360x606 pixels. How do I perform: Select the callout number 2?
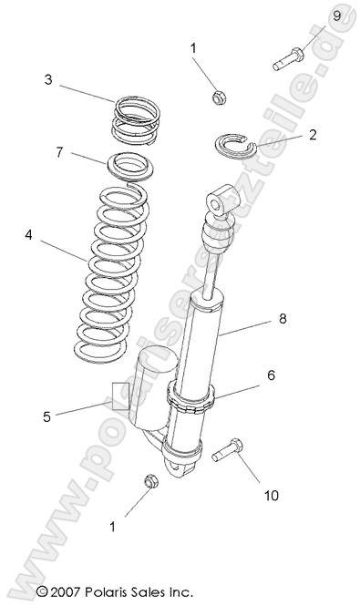click(312, 135)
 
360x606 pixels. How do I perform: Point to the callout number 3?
click(47, 80)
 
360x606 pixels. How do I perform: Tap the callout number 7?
click(60, 152)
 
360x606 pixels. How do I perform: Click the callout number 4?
click(30, 234)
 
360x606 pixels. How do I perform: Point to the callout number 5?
click(46, 417)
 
